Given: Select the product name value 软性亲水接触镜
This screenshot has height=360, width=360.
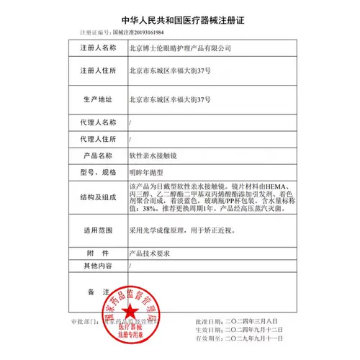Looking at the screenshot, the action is [x=153, y=156].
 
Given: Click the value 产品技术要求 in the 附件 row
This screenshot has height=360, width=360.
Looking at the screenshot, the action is [x=149, y=253].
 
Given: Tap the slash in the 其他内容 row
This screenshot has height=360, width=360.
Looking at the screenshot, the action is [x=130, y=266].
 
